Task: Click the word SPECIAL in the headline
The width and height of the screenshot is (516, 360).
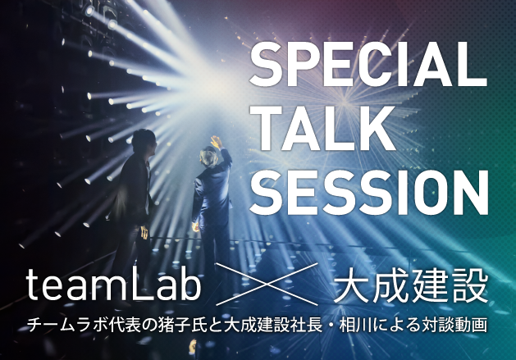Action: (368, 64)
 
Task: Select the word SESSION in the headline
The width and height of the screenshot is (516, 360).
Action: (369, 192)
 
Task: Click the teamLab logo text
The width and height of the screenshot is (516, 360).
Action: (113, 284)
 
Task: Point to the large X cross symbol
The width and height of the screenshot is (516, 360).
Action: (267, 285)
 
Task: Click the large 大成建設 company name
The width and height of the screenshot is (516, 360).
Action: (411, 285)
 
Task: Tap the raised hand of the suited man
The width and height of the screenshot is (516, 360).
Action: (217, 143)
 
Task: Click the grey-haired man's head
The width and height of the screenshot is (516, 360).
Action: (208, 157)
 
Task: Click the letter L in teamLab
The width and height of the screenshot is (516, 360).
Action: (143, 285)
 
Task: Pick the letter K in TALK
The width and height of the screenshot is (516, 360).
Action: (379, 128)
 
